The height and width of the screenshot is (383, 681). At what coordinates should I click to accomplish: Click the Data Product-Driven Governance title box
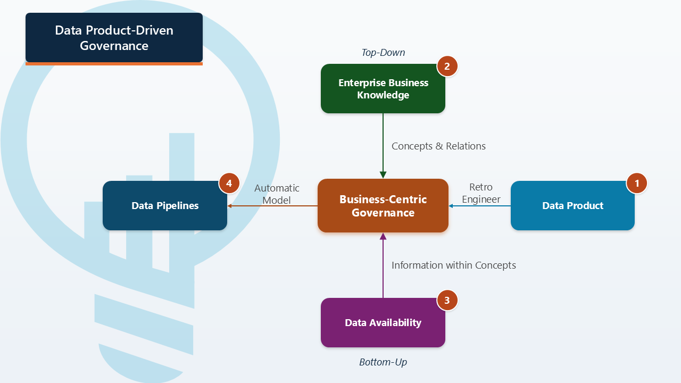(114, 38)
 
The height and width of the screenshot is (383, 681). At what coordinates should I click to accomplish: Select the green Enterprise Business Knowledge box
(383, 89)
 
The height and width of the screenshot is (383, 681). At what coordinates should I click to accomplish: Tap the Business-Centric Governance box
(383, 206)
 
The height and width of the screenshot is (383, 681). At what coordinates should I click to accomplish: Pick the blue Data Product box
(572, 206)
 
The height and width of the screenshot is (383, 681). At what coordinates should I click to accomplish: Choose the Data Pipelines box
(165, 206)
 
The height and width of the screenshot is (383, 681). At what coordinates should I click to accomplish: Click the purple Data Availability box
(383, 323)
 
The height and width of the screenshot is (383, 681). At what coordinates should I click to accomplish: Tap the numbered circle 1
(636, 184)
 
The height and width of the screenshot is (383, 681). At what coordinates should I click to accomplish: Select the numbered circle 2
(447, 66)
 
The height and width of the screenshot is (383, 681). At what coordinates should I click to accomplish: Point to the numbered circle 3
(447, 301)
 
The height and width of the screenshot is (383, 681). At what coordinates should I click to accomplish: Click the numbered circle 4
(229, 184)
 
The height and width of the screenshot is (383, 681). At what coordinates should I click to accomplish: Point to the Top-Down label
(383, 53)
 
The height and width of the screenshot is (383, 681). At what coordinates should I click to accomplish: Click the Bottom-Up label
(383, 362)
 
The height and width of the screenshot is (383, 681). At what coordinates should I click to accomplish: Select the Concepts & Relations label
(438, 146)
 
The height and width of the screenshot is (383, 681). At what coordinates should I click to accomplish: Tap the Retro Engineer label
(481, 193)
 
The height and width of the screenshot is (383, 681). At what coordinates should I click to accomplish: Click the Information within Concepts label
(454, 265)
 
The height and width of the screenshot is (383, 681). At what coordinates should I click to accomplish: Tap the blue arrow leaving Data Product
(479, 206)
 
